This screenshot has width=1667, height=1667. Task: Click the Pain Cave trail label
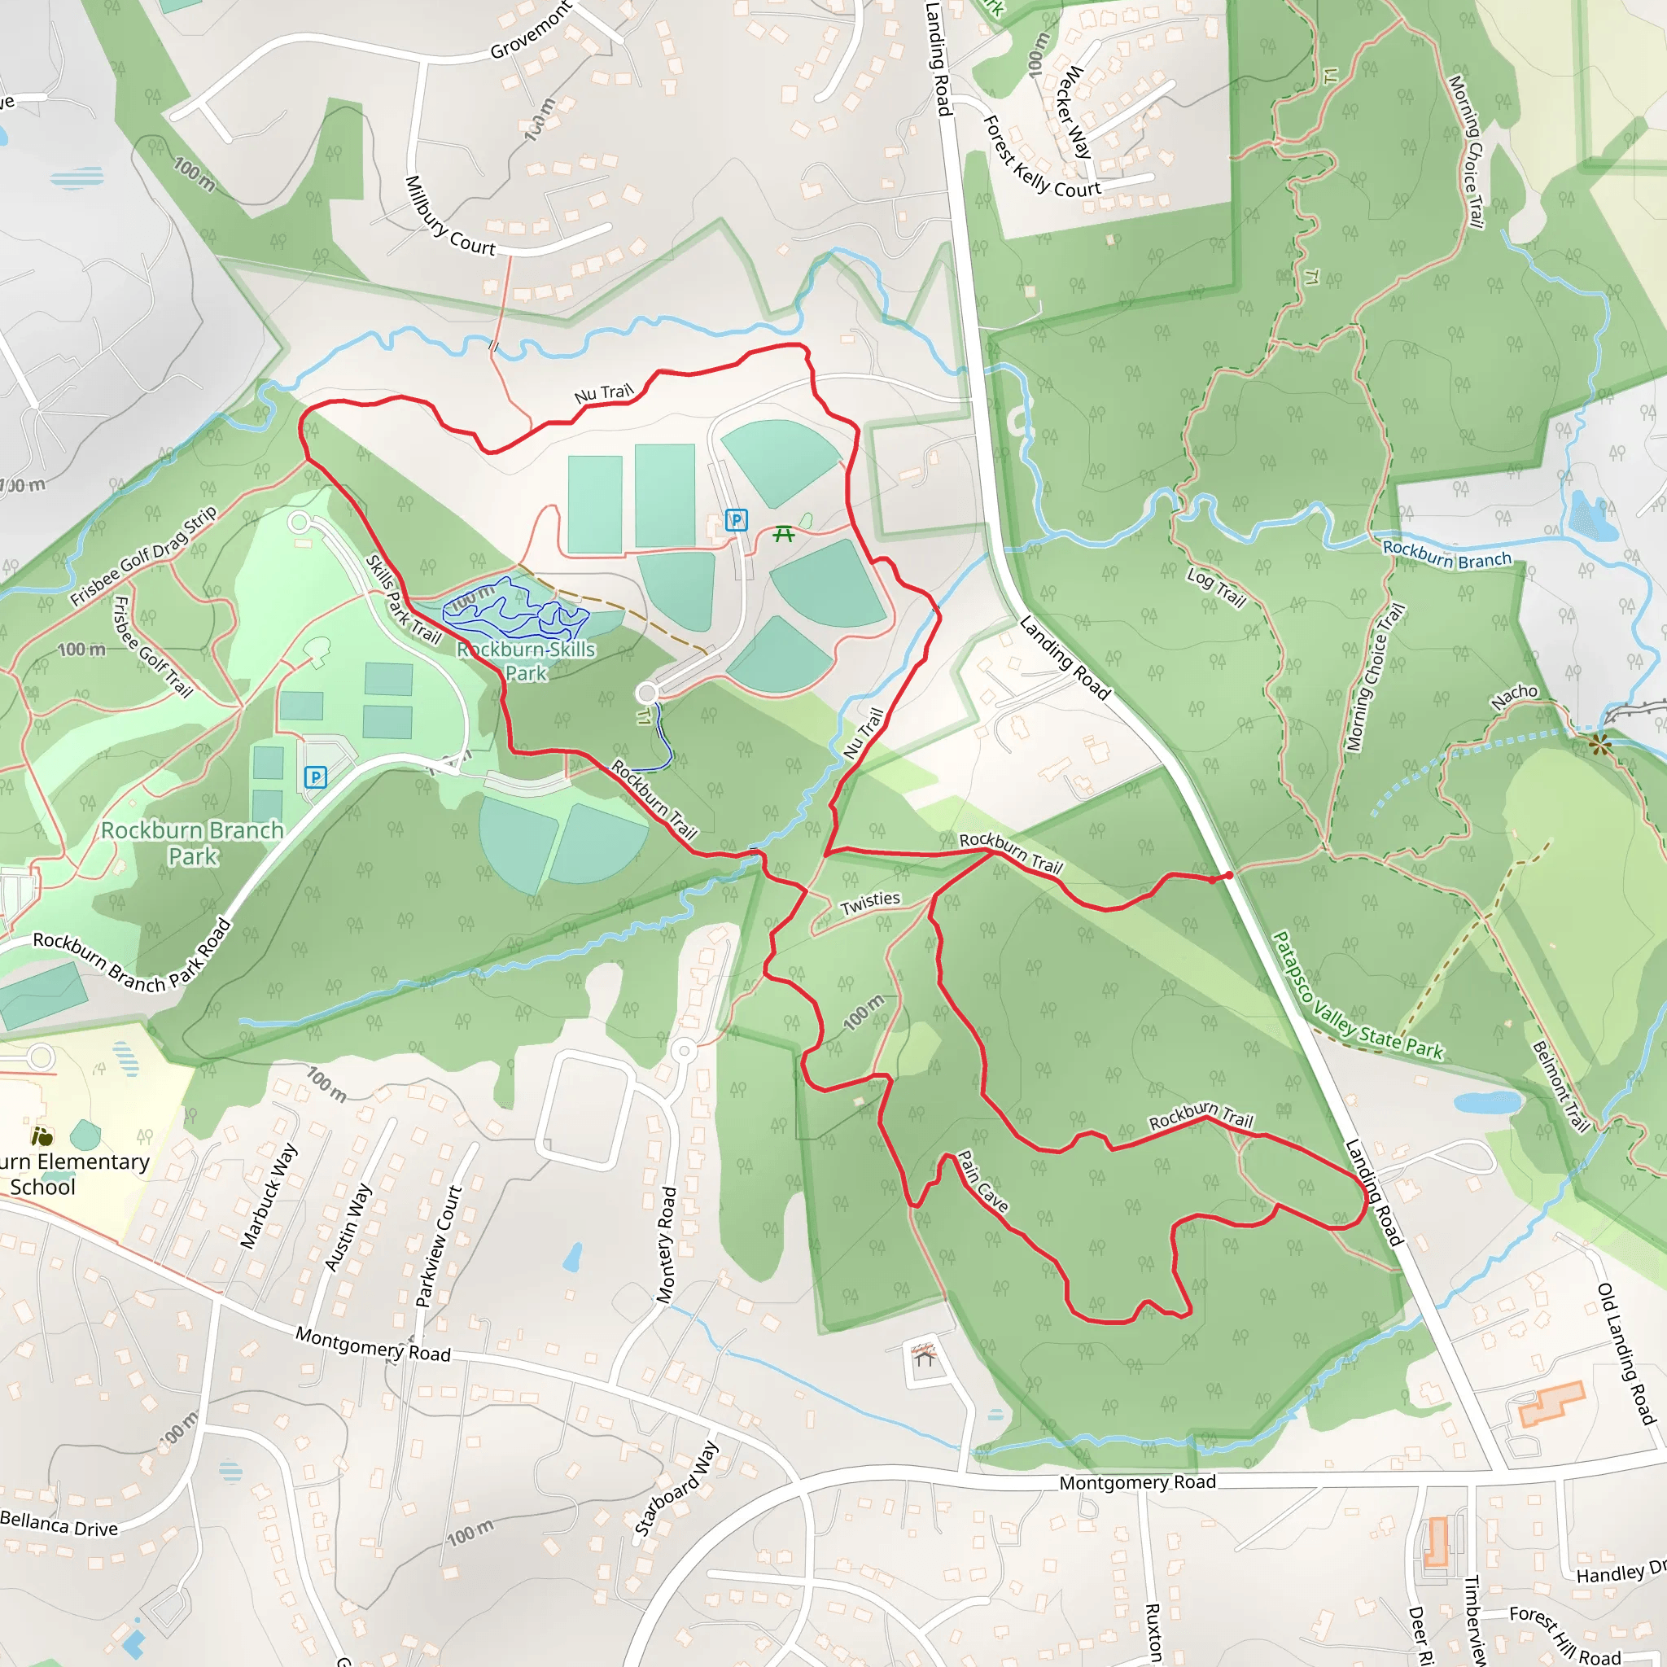pos(982,1182)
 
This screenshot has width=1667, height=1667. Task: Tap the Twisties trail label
pos(870,903)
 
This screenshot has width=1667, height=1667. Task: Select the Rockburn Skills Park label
pos(527,661)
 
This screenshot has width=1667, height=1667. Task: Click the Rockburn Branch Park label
pos(192,843)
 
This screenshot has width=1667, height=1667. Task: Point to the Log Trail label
pos(1217,588)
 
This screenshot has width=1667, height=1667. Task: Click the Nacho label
pos(1514,696)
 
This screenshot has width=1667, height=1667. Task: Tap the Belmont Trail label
pos(1560,1087)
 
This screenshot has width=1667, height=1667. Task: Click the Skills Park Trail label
pos(403,600)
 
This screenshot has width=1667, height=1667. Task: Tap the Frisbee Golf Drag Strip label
pos(143,557)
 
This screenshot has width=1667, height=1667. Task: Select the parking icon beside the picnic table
pos(736,519)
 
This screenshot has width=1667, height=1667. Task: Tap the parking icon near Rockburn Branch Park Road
pos(316,777)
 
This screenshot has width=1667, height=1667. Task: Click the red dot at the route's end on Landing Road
pos(1228,875)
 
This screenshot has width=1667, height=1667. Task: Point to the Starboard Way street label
pos(676,1489)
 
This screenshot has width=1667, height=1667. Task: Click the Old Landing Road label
pos(1626,1353)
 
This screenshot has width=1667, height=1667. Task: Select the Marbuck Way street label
pos(269,1196)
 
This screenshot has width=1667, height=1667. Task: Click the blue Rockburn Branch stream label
pos(1447,555)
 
